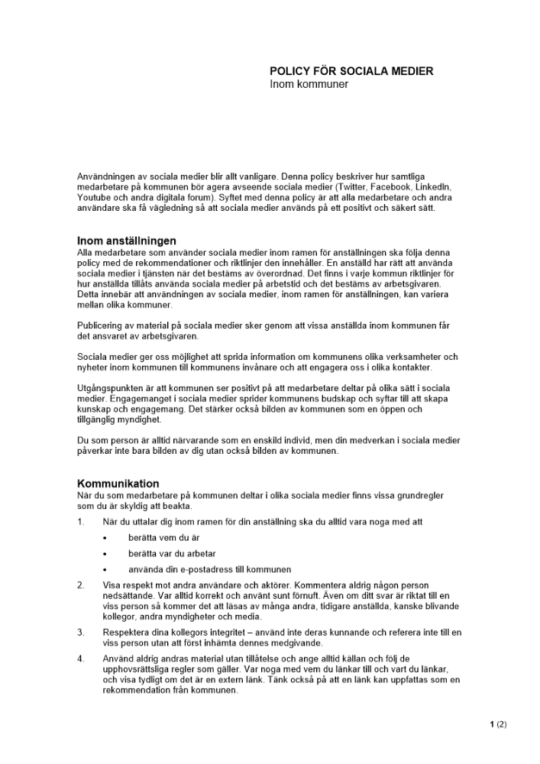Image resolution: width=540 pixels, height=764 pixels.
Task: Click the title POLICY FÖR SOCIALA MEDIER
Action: click(351, 71)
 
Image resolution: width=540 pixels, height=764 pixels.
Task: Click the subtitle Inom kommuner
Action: click(309, 84)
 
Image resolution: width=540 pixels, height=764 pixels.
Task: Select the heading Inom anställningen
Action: click(127, 241)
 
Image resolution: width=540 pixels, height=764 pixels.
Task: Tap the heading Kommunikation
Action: click(118, 484)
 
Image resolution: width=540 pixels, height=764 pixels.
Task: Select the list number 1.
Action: click(80, 522)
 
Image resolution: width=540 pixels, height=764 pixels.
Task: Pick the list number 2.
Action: click(80, 585)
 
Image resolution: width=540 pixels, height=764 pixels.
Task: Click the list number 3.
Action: click(80, 633)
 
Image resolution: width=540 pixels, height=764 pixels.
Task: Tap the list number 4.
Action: click(80, 659)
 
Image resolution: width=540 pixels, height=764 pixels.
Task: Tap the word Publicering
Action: click(100, 325)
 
